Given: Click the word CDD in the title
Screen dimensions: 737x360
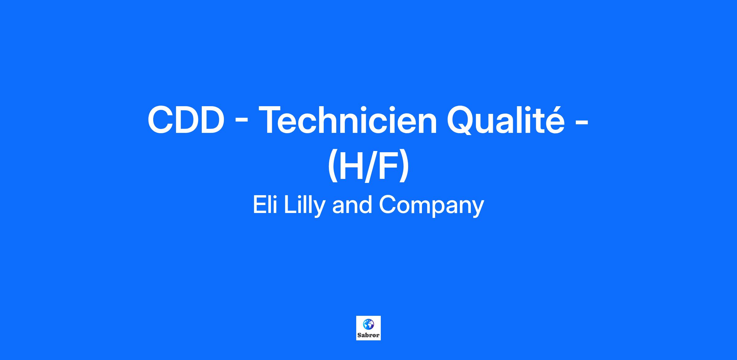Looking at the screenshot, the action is [185, 120].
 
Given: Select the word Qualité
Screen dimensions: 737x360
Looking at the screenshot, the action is [505, 120].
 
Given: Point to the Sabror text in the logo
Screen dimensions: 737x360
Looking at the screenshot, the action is [368, 335].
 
